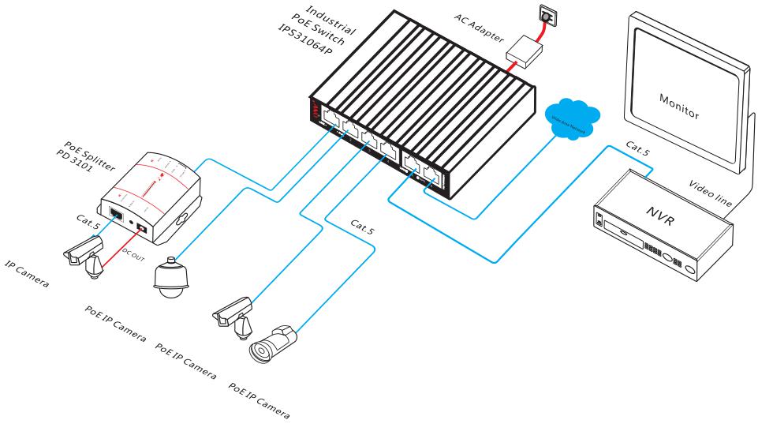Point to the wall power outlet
[544, 14]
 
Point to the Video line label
[711, 192]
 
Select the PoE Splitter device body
[150, 197]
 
